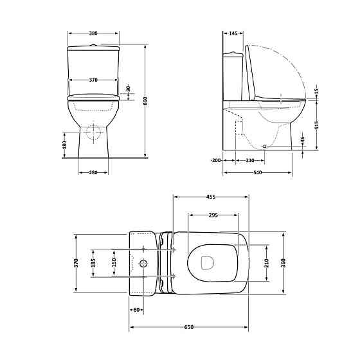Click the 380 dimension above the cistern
pyautogui.click(x=94, y=33)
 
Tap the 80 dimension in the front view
pyautogui.click(x=129, y=88)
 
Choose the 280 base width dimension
pyautogui.click(x=93, y=172)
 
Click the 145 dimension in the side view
pyautogui.click(x=233, y=33)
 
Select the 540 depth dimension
pyautogui.click(x=257, y=172)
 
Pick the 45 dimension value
pyautogui.click(x=303, y=141)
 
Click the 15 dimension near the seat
pyautogui.click(x=316, y=93)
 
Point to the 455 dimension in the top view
pyautogui.click(x=210, y=197)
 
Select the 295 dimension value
pyautogui.click(x=212, y=215)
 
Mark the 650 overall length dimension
pyautogui.click(x=189, y=327)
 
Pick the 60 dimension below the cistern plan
pyautogui.click(x=136, y=310)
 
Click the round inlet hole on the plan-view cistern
pyautogui.click(x=144, y=263)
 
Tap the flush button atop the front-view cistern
pyautogui.click(x=94, y=46)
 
